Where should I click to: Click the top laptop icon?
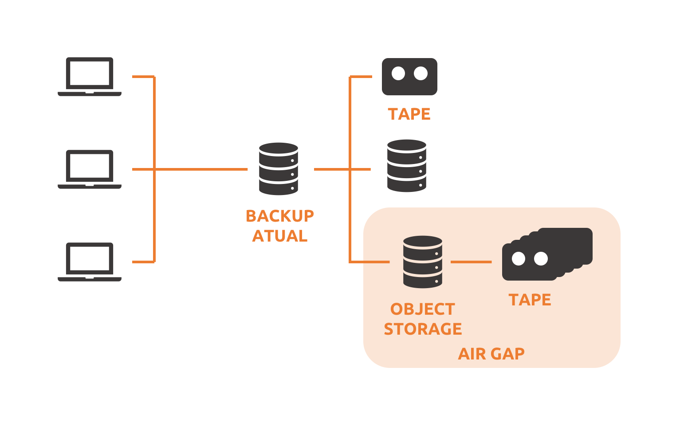(x=89, y=77)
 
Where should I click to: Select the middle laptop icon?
(x=89, y=169)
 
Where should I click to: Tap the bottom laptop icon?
(x=89, y=262)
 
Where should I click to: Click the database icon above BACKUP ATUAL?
(x=279, y=169)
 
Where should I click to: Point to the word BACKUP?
(x=280, y=216)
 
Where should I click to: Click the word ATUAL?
(x=280, y=236)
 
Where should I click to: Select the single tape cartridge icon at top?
(x=409, y=77)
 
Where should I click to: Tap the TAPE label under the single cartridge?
(x=409, y=114)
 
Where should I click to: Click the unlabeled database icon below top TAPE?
(x=407, y=166)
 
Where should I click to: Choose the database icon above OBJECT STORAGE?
(x=423, y=262)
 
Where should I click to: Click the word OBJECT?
(x=423, y=309)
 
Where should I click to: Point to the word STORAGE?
(x=423, y=329)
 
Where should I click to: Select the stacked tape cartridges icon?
(x=547, y=254)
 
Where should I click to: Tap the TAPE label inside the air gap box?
(x=530, y=300)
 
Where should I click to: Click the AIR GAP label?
(x=491, y=354)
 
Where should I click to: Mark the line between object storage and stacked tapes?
(x=471, y=262)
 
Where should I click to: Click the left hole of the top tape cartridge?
(x=398, y=74)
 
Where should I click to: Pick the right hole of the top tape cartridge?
(x=421, y=74)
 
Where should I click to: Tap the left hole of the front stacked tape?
(x=519, y=258)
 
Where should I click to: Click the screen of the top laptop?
(x=90, y=73)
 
